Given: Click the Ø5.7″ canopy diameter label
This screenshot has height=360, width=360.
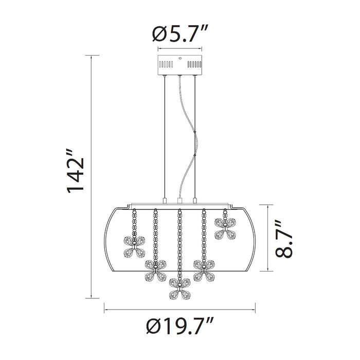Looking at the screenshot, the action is (180, 34).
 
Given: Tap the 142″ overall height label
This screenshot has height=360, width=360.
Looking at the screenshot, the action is (76, 171).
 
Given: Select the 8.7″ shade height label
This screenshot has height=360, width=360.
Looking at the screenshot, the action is (284, 239).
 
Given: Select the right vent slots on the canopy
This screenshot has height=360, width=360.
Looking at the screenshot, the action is (194, 64).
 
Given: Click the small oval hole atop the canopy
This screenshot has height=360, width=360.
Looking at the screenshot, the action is (180, 58).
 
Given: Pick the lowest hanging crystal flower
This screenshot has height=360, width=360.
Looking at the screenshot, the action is (180, 289).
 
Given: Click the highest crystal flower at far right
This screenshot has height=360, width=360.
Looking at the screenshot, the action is (225, 228).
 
